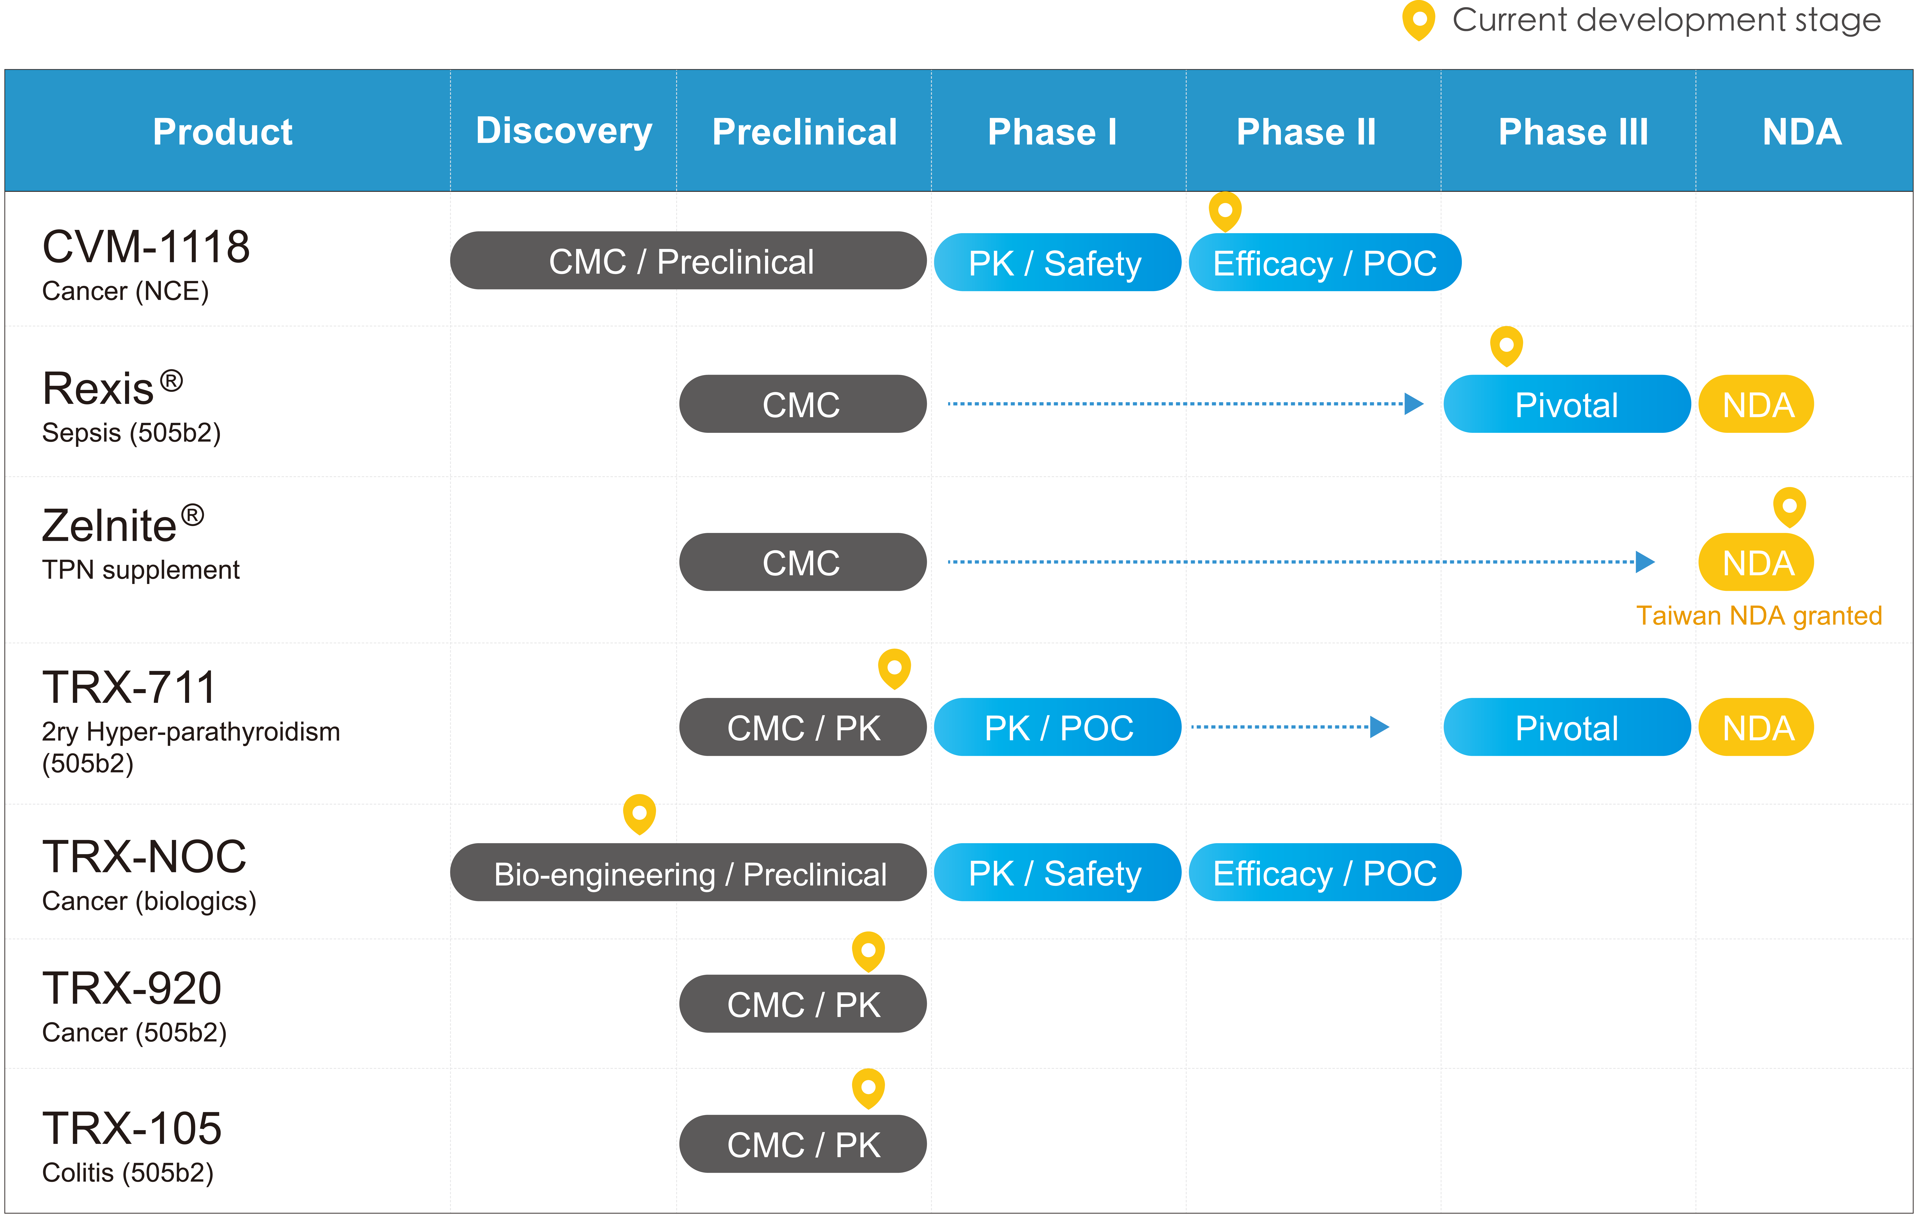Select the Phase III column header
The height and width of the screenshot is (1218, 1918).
(1573, 132)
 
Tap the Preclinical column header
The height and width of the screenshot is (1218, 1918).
(804, 132)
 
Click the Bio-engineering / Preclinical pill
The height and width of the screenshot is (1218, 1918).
(688, 873)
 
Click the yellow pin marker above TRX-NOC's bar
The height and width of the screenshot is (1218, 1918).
(640, 814)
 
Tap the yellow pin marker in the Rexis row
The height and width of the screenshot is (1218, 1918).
(1506, 346)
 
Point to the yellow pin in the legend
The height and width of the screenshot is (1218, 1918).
(1419, 20)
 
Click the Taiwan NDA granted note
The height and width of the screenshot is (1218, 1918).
(1759, 616)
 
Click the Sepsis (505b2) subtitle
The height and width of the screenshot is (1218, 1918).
(132, 433)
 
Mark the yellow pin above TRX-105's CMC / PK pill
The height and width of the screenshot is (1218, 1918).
(868, 1088)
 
